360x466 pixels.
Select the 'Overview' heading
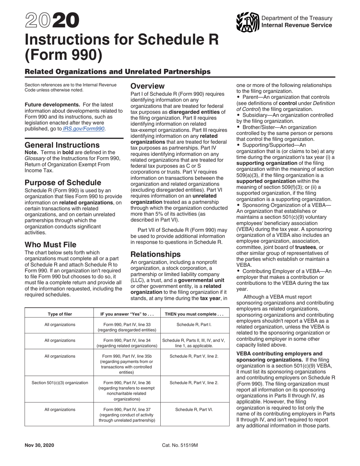point(147,86)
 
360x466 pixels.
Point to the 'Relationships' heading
point(155,254)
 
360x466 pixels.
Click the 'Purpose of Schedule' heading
point(63,182)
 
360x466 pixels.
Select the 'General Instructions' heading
point(62,145)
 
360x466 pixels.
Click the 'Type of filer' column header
point(59,314)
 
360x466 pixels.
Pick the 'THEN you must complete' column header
point(194,314)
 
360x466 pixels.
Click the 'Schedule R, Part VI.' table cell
point(194,410)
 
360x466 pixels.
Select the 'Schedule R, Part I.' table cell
point(194,324)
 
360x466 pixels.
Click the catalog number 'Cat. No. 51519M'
point(180,445)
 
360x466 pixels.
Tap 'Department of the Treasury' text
point(297,18)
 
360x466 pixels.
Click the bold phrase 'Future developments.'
point(52,104)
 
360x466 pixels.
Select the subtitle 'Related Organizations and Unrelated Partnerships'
point(117,71)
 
